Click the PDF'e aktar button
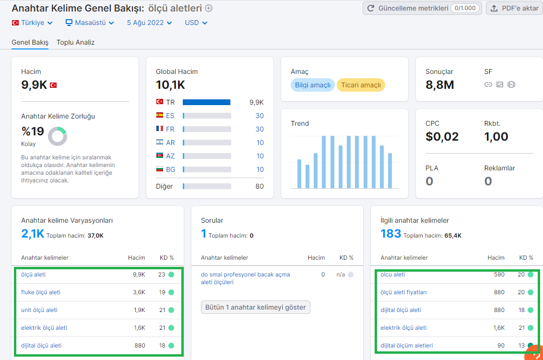(x=515, y=8)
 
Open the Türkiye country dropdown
(x=32, y=23)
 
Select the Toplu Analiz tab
(x=75, y=42)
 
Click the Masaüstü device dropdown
(x=90, y=23)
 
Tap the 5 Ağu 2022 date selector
(x=149, y=23)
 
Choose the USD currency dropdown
(x=196, y=23)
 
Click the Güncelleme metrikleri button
(x=422, y=8)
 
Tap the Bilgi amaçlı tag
(x=313, y=85)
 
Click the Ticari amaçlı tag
(x=361, y=85)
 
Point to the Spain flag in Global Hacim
(x=160, y=115)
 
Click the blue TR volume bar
(x=206, y=102)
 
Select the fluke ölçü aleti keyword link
(x=41, y=292)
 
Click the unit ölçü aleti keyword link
(x=39, y=310)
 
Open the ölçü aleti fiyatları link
(x=403, y=292)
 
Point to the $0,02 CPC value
(x=442, y=136)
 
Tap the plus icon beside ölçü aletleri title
(x=209, y=8)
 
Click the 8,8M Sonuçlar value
(x=440, y=85)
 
